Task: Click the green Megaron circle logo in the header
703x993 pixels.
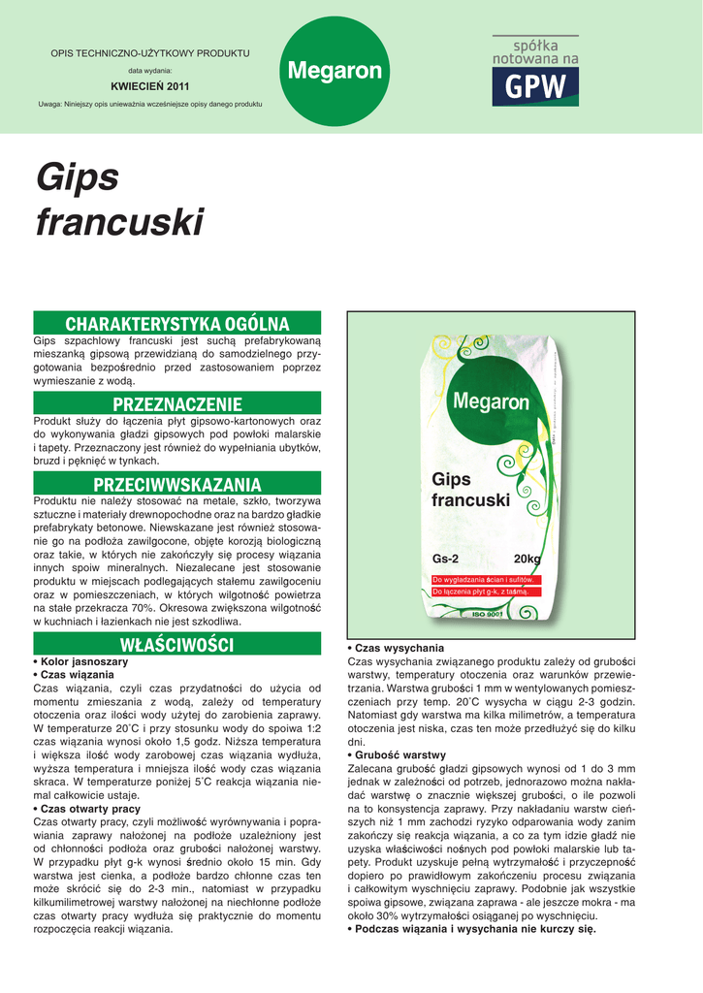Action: pos(336,71)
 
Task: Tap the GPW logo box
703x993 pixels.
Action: pos(535,86)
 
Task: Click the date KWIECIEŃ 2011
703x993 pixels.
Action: pos(150,86)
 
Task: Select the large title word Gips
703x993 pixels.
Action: pos(78,177)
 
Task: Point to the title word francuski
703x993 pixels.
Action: pos(119,223)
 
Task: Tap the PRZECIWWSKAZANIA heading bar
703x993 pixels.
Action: pos(176,484)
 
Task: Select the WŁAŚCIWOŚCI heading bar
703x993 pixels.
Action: pos(176,644)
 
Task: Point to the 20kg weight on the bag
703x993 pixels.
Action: pos(527,559)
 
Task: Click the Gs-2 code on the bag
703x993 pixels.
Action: pos(445,559)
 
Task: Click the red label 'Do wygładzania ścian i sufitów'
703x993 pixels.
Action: pos(482,579)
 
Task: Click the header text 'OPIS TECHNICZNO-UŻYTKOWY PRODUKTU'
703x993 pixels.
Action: pos(150,52)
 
